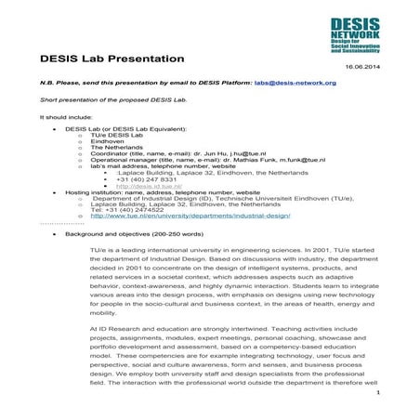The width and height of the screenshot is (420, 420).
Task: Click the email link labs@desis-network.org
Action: pyautogui.click(x=295, y=83)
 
